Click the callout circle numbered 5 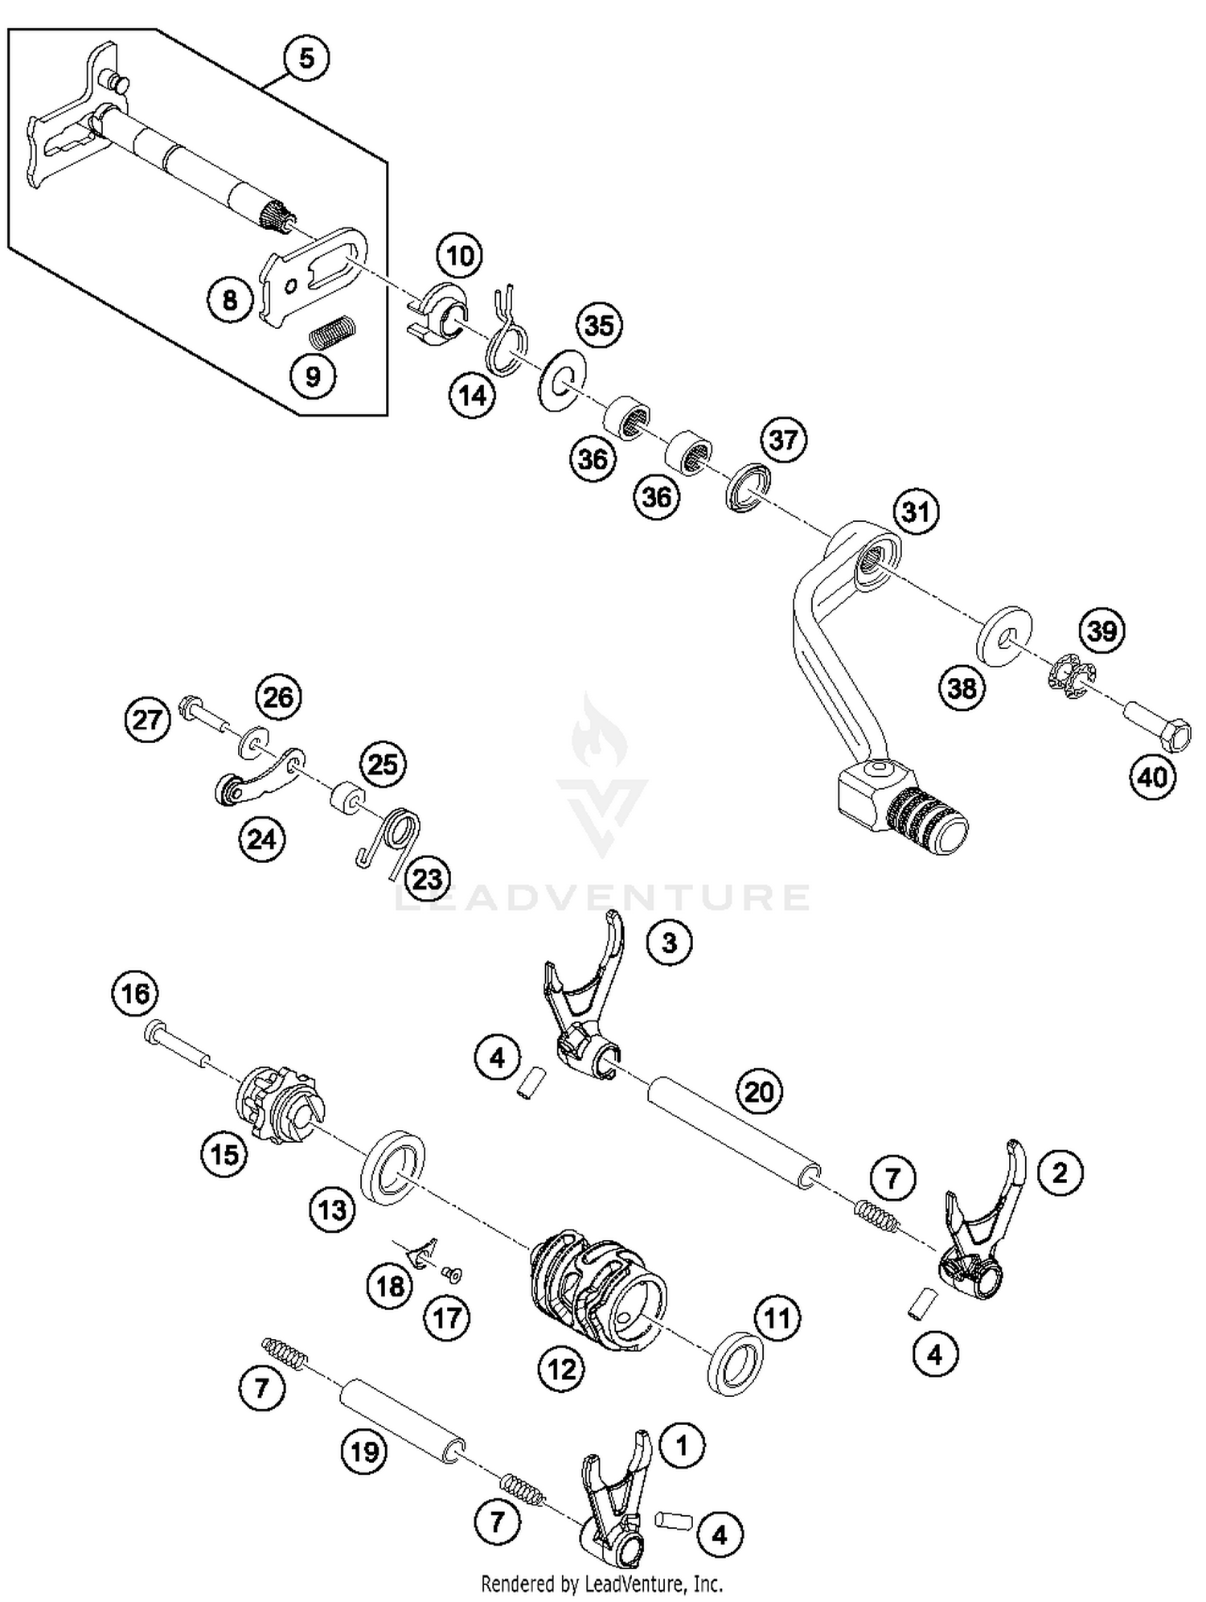tap(306, 59)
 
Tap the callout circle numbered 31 tap(916, 512)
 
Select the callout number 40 tap(1152, 777)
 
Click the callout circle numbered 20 tap(759, 1091)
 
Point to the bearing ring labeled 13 tap(395, 1168)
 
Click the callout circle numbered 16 tap(134, 993)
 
